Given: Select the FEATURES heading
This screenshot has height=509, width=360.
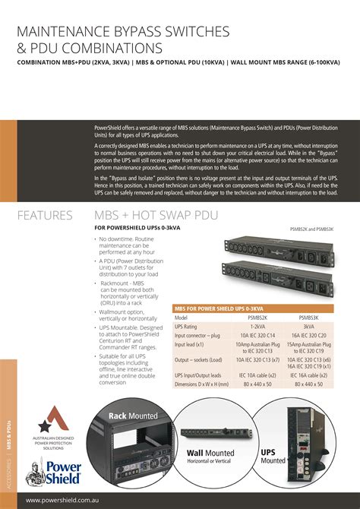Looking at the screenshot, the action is click(45, 216).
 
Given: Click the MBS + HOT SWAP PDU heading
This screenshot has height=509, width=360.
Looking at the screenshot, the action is click(150, 216).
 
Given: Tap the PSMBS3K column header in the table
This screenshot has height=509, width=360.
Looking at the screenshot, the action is click(308, 318).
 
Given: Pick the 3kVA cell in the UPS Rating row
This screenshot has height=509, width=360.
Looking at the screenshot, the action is click(308, 326).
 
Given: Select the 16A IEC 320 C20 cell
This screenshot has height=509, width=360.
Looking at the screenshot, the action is click(308, 334).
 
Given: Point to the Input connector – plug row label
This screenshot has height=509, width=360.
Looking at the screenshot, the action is click(197, 334).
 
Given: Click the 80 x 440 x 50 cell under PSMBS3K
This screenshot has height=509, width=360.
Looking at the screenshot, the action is click(308, 384).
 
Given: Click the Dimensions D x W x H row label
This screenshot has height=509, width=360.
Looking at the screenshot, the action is click(201, 384).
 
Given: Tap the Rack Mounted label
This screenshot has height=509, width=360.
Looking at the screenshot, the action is click(133, 416).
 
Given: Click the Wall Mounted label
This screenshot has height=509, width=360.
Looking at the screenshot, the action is click(210, 453).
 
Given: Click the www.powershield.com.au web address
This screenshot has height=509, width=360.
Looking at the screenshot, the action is click(65, 500).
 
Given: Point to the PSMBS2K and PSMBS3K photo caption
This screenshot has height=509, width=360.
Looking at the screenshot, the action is click(311, 228).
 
